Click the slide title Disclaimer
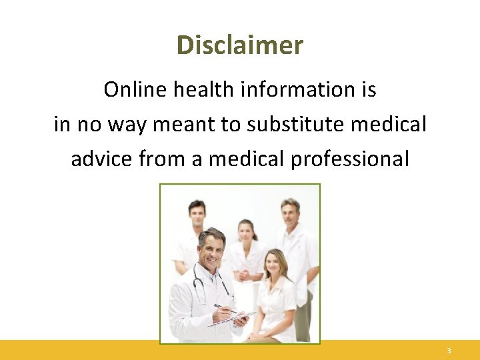tap(240, 45)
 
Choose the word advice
tap(103, 159)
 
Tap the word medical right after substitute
tap(393, 125)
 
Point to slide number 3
tap(449, 351)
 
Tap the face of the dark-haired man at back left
tap(196, 215)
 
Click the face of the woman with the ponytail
tap(247, 231)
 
